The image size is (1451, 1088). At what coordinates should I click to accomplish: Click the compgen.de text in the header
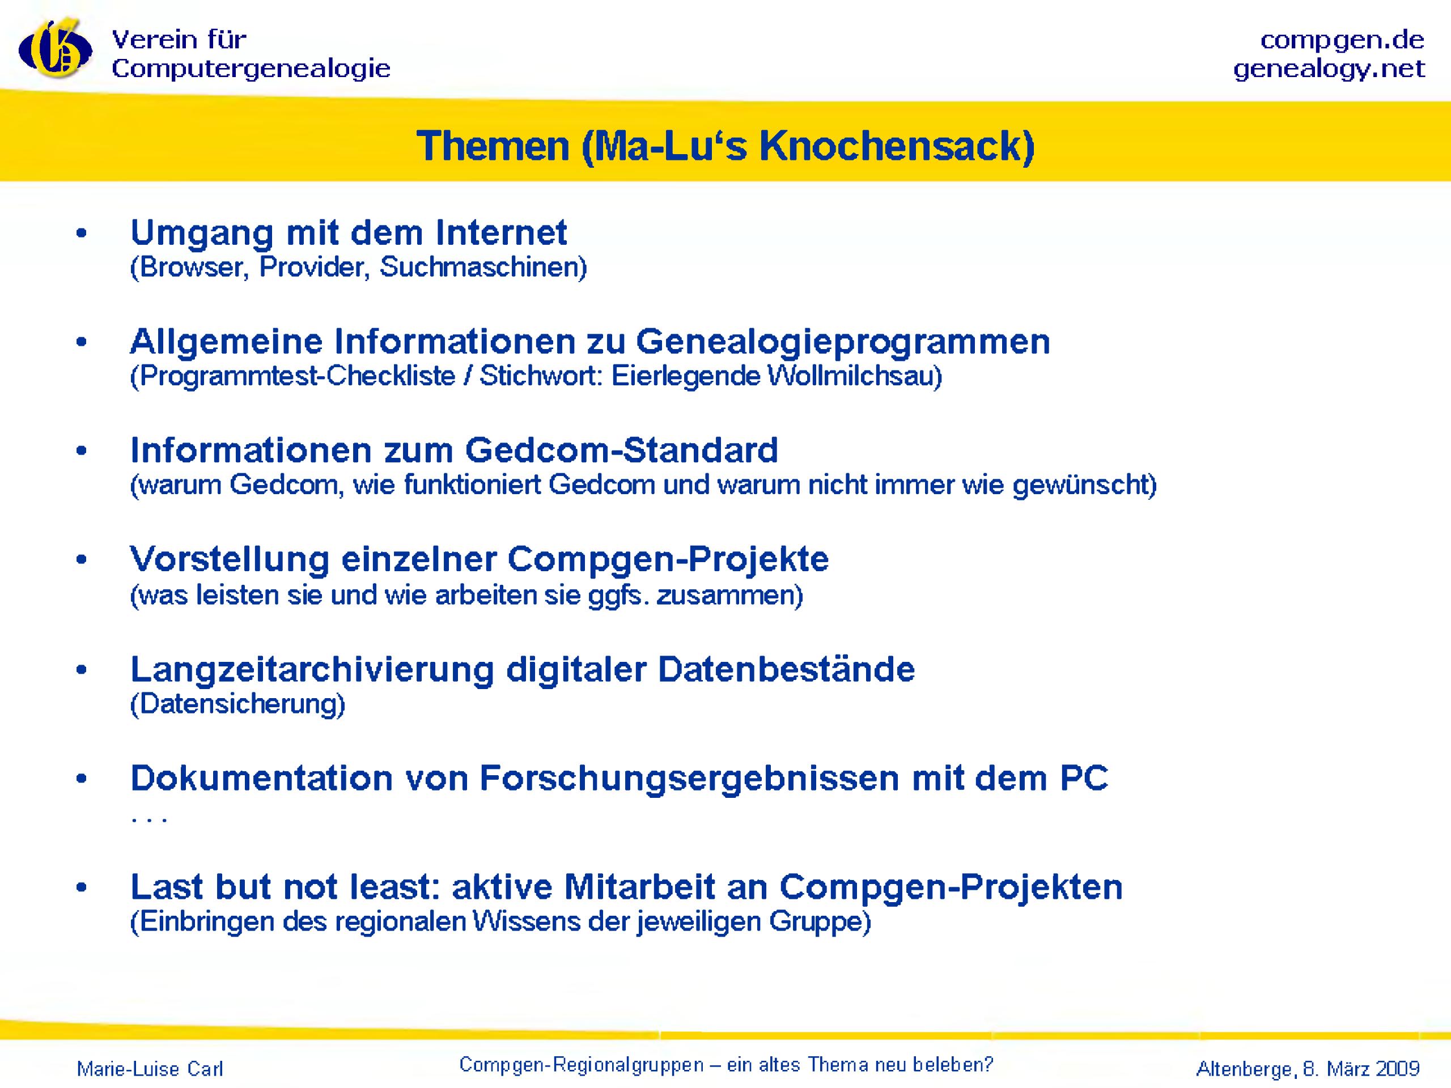point(1342,41)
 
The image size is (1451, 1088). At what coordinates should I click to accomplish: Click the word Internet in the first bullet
point(501,232)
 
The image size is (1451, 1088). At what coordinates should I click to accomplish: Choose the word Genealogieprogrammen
point(843,342)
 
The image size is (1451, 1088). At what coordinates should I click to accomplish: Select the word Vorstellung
point(230,559)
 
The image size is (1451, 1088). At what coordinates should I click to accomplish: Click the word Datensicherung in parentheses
point(238,704)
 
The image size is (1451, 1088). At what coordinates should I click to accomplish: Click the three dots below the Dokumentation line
point(149,821)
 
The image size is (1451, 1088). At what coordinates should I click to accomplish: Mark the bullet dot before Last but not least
point(82,889)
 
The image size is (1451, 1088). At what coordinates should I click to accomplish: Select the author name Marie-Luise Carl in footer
point(150,1069)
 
